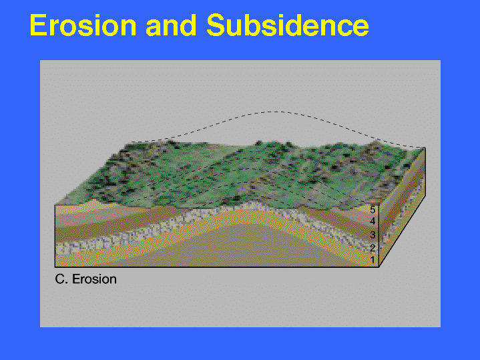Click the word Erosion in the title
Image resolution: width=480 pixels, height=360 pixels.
[x=83, y=25]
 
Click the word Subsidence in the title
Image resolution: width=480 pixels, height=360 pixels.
[x=288, y=25]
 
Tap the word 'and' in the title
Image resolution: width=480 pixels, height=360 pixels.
[x=171, y=25]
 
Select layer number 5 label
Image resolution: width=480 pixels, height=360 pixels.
[x=373, y=210]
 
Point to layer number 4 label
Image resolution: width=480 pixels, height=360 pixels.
[x=373, y=221]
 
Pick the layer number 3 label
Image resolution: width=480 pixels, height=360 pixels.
[x=373, y=235]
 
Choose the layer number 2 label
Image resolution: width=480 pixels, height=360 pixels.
[x=373, y=248]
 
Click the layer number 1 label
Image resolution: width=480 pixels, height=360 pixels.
[x=373, y=260]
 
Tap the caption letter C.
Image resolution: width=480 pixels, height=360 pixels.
[x=59, y=279]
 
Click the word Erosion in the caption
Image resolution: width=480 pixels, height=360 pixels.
[x=94, y=279]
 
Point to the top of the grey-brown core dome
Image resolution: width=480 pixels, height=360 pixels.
[x=245, y=225]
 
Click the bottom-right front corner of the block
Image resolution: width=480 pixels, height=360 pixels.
[x=379, y=267]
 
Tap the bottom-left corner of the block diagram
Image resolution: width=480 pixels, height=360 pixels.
[x=55, y=267]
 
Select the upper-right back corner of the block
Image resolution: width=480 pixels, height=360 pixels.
[x=425, y=148]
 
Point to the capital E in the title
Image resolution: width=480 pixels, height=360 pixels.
[x=38, y=25]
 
